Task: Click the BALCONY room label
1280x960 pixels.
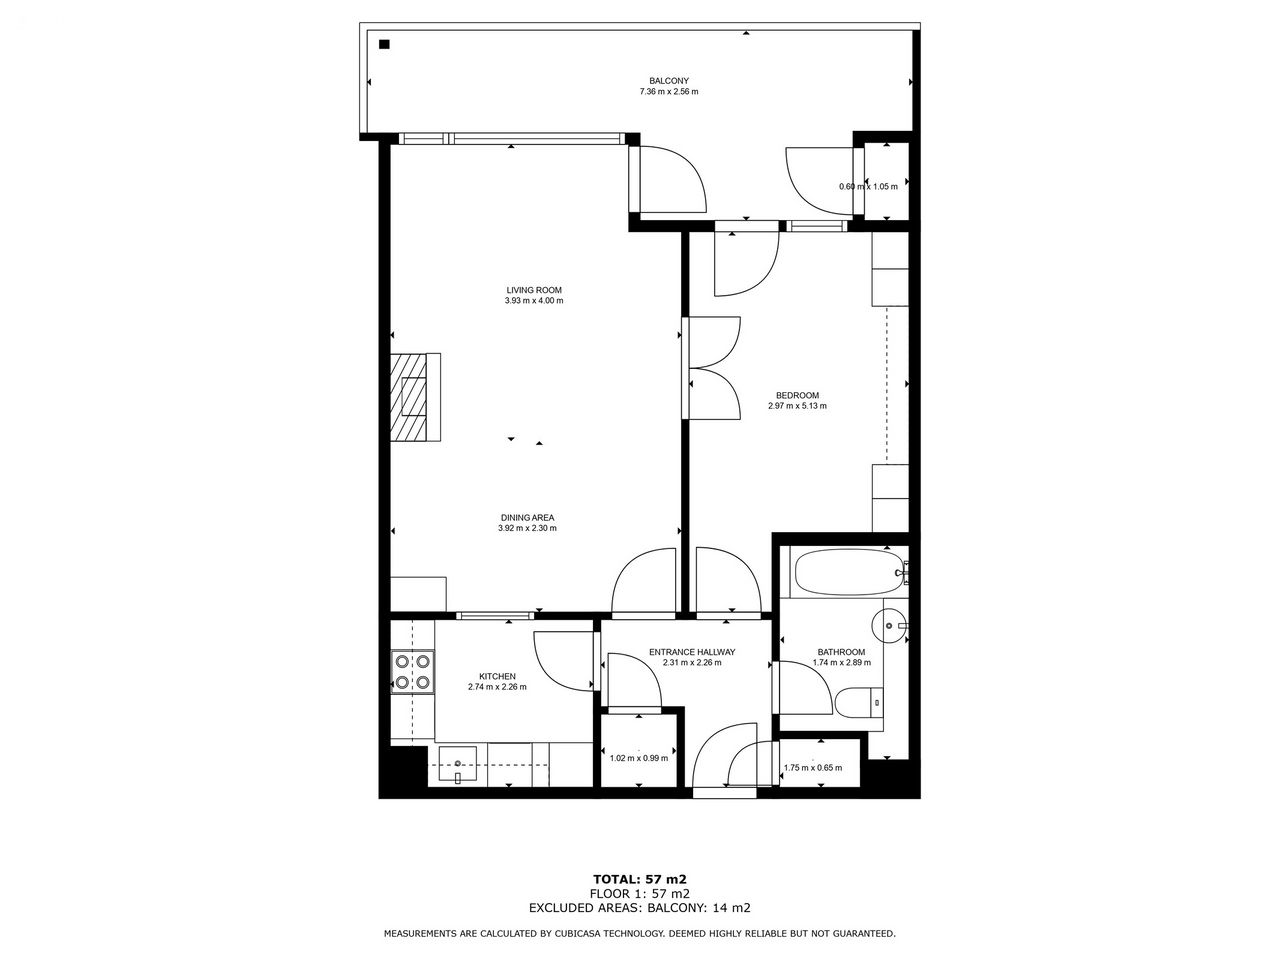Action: coord(669,81)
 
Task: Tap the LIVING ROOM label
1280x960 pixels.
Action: coord(534,290)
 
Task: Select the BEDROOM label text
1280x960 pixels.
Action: coord(797,395)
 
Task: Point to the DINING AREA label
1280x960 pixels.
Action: coord(527,517)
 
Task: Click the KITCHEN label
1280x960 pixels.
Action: coord(497,676)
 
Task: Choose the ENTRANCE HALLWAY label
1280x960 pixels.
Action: coord(692,652)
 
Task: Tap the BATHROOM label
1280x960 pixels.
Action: coord(841,652)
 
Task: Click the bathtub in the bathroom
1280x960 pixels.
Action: coord(847,572)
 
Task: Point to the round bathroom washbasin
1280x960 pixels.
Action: coord(889,625)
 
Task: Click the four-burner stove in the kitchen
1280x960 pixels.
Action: coord(412,671)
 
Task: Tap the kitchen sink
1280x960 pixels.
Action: coord(458,765)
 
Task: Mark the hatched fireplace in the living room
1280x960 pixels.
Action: coord(415,397)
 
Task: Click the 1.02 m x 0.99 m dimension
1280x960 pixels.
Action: coord(639,758)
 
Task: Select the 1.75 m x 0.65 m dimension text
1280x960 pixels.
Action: coord(813,768)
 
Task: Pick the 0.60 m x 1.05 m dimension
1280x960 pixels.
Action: coord(868,187)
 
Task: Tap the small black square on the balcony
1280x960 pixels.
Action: coord(384,44)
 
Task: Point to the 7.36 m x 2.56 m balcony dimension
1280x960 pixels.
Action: coord(669,92)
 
